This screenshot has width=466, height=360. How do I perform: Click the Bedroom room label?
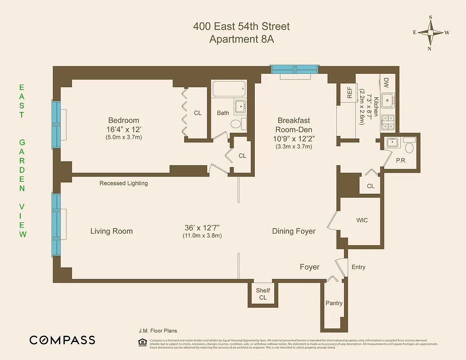(x=123, y=120)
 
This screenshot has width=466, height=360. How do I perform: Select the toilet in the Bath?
(x=236, y=124)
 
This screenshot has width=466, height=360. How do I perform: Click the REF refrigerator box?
(x=349, y=92)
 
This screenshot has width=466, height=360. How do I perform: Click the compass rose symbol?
(x=430, y=32)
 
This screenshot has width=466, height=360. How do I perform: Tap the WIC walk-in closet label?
(x=362, y=220)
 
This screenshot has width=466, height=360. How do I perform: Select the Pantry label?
(x=334, y=303)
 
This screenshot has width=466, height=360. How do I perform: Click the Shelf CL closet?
(x=263, y=294)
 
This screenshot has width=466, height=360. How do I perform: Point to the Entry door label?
(x=358, y=267)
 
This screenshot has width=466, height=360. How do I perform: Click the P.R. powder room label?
(x=401, y=160)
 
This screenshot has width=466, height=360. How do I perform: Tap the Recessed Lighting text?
(x=123, y=183)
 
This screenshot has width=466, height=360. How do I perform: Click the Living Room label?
(x=112, y=231)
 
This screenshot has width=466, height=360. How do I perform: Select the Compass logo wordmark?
(x=62, y=340)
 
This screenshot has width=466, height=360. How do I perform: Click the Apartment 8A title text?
(x=241, y=39)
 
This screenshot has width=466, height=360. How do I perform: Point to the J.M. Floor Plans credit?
(x=158, y=331)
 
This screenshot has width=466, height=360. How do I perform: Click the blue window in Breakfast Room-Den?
(x=294, y=69)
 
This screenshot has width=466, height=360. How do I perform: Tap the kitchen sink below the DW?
(x=387, y=99)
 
